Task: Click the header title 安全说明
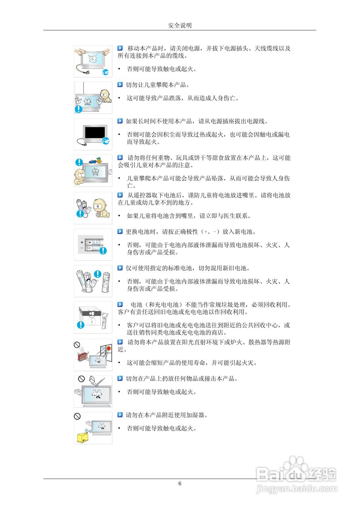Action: (180, 25)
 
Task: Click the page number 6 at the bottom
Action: (180, 484)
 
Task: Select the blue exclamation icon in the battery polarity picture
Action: (103, 250)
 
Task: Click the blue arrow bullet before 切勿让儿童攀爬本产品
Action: (120, 85)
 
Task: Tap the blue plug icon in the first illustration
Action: (105, 72)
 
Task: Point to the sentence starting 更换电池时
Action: (191, 231)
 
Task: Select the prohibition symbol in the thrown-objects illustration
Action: (82, 379)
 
